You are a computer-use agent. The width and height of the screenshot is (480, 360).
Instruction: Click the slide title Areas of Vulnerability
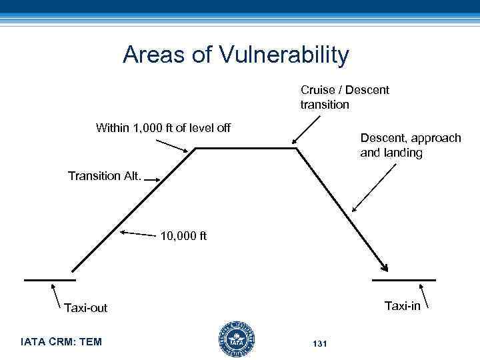[x=235, y=55]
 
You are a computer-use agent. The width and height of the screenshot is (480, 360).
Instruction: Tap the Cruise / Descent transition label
[x=345, y=97]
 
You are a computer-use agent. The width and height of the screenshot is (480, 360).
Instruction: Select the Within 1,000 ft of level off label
[x=163, y=127]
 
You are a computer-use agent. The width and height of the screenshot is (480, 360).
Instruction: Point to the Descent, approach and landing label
[x=410, y=145]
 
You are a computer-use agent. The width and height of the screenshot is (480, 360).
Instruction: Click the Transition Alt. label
[x=105, y=177]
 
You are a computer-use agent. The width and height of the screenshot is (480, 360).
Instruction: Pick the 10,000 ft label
[x=184, y=235]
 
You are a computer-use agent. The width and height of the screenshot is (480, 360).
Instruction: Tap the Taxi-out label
[x=85, y=307]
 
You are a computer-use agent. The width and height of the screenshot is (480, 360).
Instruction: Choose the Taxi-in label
[x=402, y=306]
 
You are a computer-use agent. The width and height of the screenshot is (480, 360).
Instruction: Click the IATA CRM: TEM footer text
[x=61, y=342]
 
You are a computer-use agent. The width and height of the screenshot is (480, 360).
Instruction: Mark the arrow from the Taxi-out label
[x=59, y=294]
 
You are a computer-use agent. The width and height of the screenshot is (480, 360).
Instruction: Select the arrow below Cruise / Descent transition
[x=306, y=129]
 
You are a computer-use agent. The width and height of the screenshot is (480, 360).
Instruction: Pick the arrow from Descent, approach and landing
[x=369, y=186]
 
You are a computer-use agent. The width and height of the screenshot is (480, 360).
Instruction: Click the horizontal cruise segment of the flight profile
[x=245, y=149]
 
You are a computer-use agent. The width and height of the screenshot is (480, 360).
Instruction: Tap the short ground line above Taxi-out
[x=50, y=281]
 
